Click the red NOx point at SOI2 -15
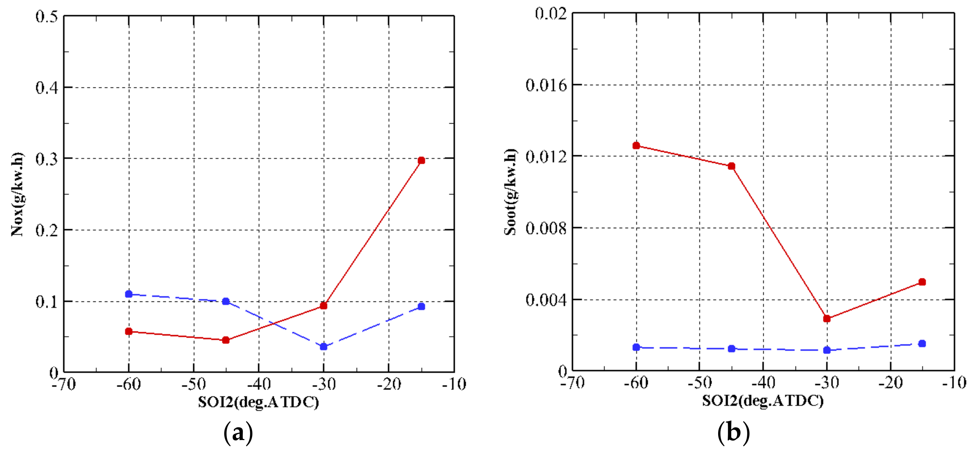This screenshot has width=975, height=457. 421,161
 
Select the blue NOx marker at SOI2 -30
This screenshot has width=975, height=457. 324,347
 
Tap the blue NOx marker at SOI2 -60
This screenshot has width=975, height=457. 129,294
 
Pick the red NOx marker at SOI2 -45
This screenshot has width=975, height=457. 226,340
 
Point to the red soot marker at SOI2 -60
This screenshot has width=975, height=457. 636,145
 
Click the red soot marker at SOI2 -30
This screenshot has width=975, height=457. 827,318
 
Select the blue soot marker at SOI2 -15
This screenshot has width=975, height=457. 923,343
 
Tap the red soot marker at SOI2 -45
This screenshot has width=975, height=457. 732,166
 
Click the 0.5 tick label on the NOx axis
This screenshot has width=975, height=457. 47,17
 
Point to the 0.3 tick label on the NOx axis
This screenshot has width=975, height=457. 47,159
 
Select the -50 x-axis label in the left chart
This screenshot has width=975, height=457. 194,385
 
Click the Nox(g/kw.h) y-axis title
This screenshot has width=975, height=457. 17,194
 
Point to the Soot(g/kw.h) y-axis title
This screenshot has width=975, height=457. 511,192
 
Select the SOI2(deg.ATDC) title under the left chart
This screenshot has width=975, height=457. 258,402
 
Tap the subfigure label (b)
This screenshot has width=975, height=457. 733,432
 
